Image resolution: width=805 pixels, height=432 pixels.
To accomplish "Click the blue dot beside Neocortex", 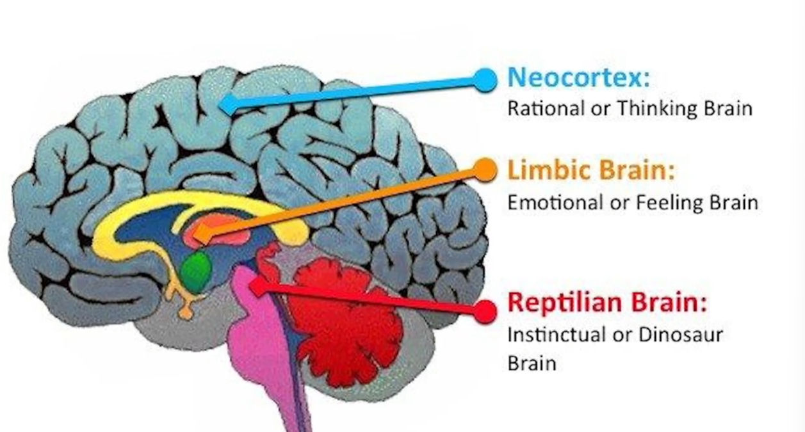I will click(x=486, y=79).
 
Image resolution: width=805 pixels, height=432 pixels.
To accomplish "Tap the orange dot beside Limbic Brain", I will click(x=486, y=169).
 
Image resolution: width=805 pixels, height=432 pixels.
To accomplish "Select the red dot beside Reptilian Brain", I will click(x=486, y=311).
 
